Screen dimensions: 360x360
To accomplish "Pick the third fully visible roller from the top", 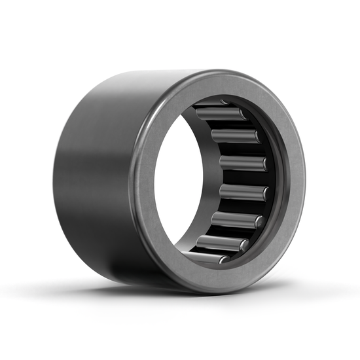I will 242,164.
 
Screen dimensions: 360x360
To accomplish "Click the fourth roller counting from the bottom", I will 243,192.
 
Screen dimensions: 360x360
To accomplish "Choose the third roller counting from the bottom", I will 236,221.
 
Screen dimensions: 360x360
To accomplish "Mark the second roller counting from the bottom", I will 223,243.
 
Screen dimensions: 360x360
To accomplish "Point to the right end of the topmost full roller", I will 243,115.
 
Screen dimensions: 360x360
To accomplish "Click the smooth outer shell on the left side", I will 85,170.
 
